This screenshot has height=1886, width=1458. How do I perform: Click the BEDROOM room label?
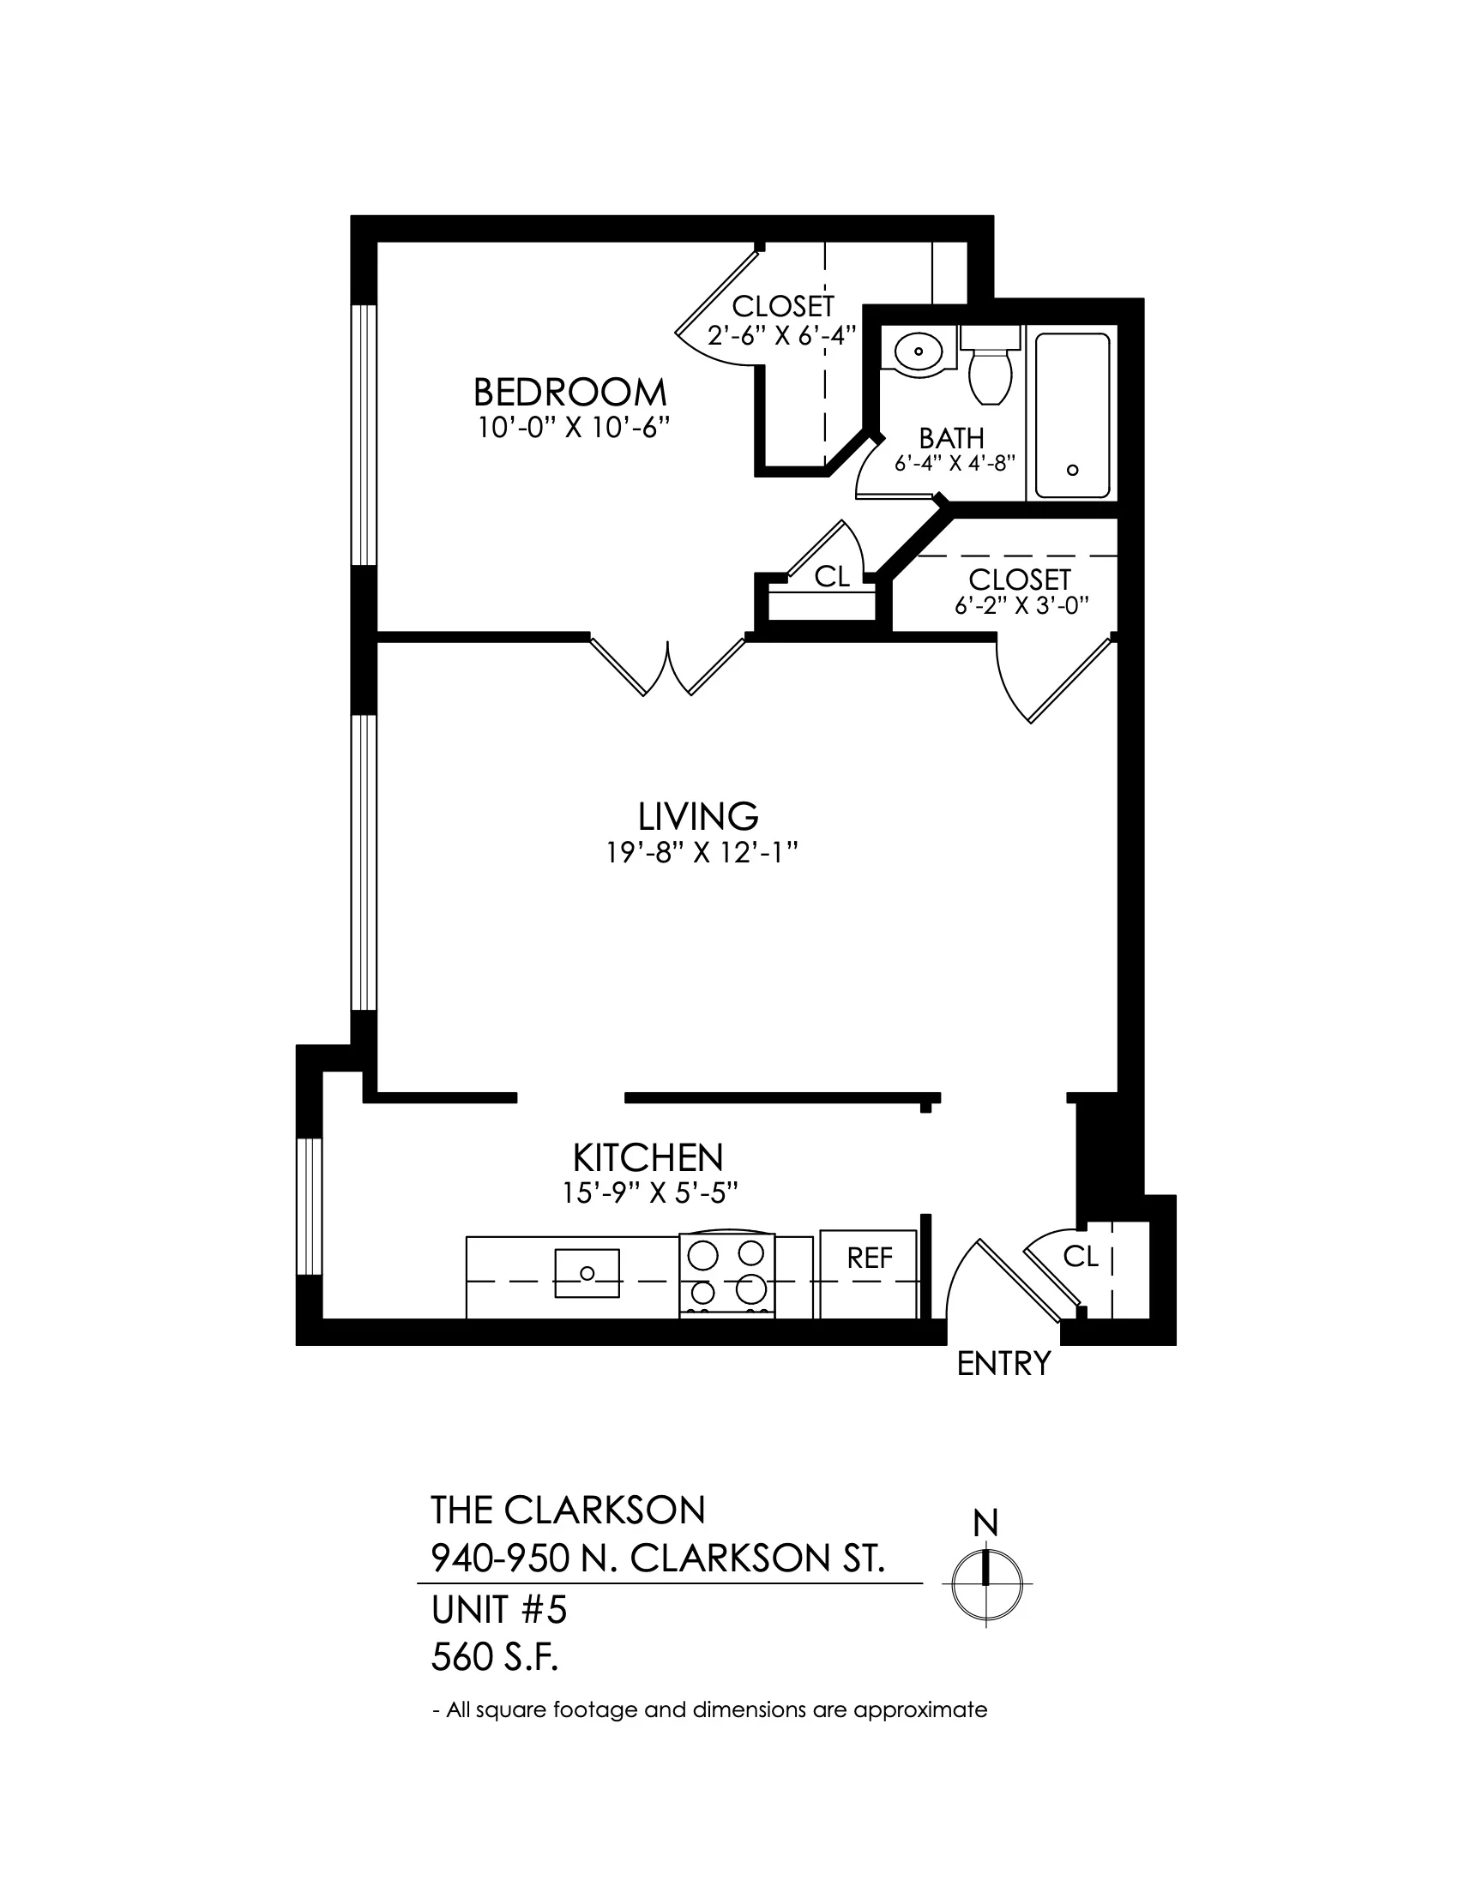click(x=570, y=393)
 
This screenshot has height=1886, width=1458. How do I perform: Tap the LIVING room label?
click(x=698, y=816)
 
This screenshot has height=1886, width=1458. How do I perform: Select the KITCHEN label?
click(x=648, y=1157)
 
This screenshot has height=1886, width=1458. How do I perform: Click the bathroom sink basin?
click(x=919, y=351)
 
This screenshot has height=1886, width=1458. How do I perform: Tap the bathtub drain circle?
click(x=1073, y=470)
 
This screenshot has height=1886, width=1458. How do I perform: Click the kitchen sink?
click(x=587, y=1273)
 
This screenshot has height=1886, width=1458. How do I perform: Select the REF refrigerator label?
click(x=870, y=1258)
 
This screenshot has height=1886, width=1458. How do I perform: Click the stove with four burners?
click(x=727, y=1274)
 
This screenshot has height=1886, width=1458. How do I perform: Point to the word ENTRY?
click(x=1003, y=1364)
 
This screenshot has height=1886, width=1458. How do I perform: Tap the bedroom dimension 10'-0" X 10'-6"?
click(x=575, y=429)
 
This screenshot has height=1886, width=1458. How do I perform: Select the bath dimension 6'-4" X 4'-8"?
click(x=954, y=464)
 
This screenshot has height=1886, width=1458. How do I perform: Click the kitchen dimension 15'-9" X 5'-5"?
click(x=649, y=1193)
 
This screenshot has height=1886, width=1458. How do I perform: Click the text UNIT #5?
click(x=498, y=1611)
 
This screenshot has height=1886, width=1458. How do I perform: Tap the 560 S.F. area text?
click(x=495, y=1658)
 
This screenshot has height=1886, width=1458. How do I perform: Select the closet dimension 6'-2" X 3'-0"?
click(x=1020, y=606)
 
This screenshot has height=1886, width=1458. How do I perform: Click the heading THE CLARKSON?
click(x=569, y=1511)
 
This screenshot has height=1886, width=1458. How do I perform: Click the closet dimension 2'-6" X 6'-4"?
click(x=781, y=335)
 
